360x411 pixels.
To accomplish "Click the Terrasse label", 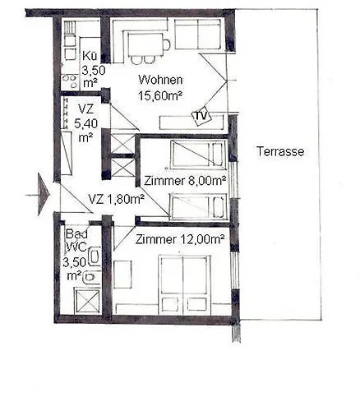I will [x=280, y=151].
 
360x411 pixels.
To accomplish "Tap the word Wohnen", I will [x=160, y=80].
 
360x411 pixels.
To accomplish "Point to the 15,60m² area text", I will [x=160, y=95].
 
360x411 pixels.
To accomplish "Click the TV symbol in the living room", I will [x=200, y=116].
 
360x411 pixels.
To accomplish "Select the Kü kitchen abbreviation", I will [x=90, y=56].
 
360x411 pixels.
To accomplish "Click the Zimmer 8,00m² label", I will [x=185, y=180].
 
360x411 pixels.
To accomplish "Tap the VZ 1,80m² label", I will [x=116, y=198].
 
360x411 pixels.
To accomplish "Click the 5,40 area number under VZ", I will [x=85, y=123].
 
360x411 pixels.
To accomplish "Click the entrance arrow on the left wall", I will [x=44, y=196].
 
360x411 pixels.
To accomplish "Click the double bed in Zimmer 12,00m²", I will [x=184, y=284].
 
